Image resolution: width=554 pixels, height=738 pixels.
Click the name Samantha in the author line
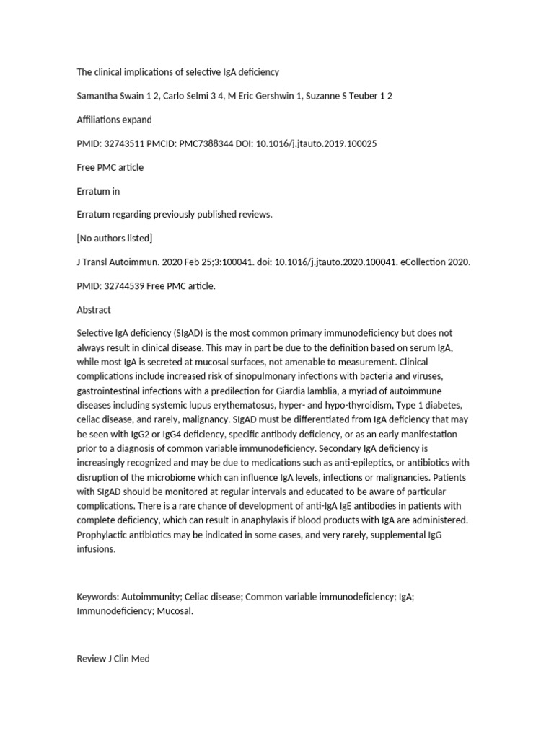[99, 96]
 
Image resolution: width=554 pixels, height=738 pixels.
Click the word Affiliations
[99, 120]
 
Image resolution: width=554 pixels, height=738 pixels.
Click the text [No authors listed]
[115, 238]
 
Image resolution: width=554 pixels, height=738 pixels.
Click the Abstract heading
[94, 309]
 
